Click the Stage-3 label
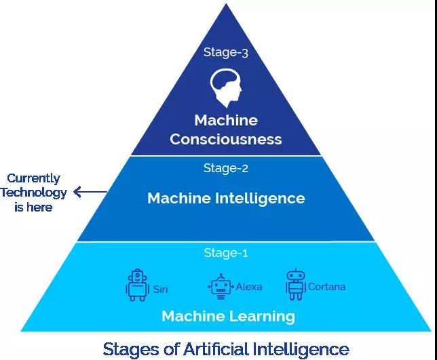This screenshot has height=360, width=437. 226,52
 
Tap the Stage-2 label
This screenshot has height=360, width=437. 226,167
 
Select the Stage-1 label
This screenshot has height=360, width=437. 226,253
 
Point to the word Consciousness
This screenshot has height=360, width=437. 226,140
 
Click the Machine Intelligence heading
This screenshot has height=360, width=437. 226,198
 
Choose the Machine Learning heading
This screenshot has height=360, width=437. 228,316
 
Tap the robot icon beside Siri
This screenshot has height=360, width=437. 138,285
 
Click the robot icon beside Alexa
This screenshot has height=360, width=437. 220,287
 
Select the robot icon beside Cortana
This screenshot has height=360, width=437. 295,285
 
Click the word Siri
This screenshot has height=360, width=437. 161,289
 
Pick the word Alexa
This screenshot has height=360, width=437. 249,287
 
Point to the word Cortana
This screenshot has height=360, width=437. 326,287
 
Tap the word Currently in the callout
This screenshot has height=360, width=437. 33,178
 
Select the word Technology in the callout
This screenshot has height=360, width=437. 33,193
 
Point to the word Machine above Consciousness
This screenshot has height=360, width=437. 226,121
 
